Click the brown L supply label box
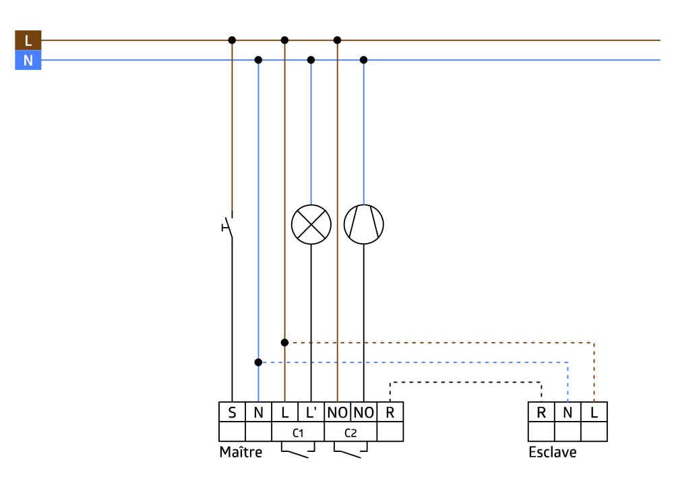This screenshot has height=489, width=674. click(28, 40)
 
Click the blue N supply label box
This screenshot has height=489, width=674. click(28, 61)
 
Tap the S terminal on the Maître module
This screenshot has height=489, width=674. click(232, 412)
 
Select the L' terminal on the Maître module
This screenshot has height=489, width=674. click(311, 412)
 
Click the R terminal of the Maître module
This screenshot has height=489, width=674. click(390, 412)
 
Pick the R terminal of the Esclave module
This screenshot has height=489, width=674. click(541, 412)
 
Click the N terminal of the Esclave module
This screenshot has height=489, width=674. click(568, 412)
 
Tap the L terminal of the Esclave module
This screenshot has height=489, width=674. click(594, 412)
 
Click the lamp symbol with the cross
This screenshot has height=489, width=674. click(311, 224)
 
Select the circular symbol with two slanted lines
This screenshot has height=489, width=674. click(364, 224)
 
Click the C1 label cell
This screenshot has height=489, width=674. click(297, 432)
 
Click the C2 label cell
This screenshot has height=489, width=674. click(350, 432)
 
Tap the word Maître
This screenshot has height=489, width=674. click(241, 452)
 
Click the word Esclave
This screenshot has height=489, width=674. click(553, 452)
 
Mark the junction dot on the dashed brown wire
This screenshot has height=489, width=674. click(284, 342)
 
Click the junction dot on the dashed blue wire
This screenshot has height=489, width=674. click(258, 362)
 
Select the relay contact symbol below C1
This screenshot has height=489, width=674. click(297, 450)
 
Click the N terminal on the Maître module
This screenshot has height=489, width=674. click(258, 412)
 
